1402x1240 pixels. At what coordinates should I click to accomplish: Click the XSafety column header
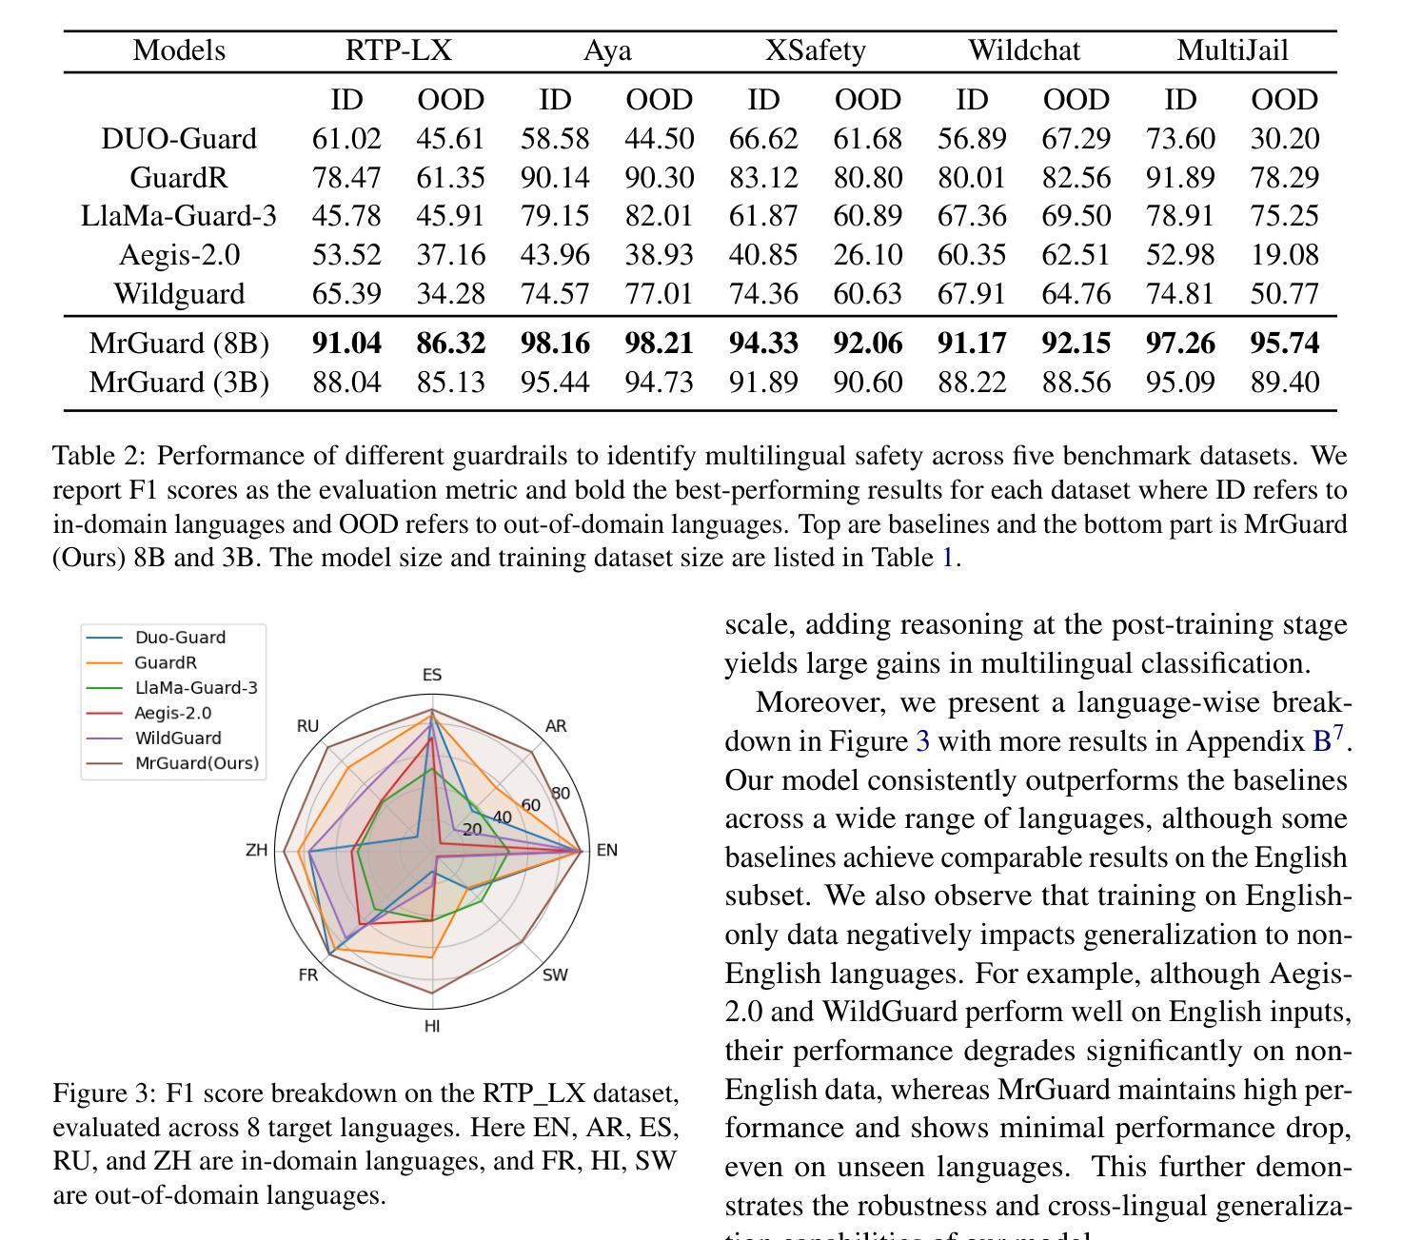pos(816,50)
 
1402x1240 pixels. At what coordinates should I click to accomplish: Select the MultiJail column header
pos(1233,50)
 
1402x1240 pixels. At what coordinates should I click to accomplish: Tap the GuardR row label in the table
pos(179,178)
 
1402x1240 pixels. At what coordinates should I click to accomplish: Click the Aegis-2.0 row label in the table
pos(179,255)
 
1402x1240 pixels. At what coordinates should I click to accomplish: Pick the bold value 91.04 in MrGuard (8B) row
pos(346,344)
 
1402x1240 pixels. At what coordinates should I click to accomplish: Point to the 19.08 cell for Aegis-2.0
pos(1284,255)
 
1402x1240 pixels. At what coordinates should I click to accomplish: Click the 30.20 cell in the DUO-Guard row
pos(1284,139)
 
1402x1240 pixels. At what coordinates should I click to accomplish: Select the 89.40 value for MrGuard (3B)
pos(1284,383)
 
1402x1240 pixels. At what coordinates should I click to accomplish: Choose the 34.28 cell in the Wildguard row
pos(450,294)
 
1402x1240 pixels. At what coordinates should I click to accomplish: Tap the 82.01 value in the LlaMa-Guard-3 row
pos(659,216)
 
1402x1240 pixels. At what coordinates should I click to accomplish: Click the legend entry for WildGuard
pos(178,738)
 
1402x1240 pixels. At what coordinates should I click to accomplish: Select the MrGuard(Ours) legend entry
pos(196,763)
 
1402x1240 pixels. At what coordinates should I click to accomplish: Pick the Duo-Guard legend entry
pos(180,638)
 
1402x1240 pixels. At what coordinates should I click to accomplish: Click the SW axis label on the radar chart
pos(555,974)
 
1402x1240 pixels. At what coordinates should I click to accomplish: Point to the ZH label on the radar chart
pos(257,850)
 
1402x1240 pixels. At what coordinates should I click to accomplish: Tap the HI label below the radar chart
pos(432,1026)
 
